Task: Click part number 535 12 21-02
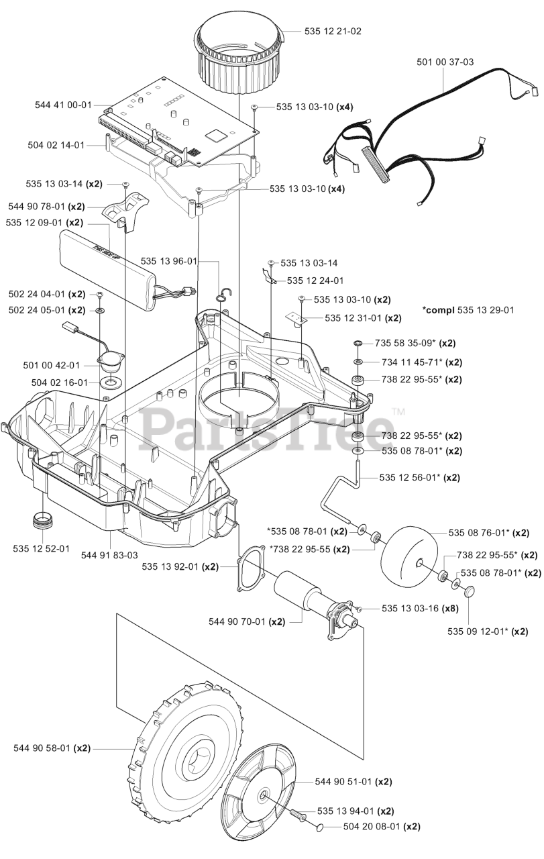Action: click(333, 31)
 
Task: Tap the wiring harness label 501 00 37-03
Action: click(445, 62)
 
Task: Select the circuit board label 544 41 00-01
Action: click(63, 105)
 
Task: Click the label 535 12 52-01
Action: click(41, 548)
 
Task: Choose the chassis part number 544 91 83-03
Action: click(109, 555)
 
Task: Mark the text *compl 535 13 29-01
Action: click(468, 310)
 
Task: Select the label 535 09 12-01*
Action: click(488, 631)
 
